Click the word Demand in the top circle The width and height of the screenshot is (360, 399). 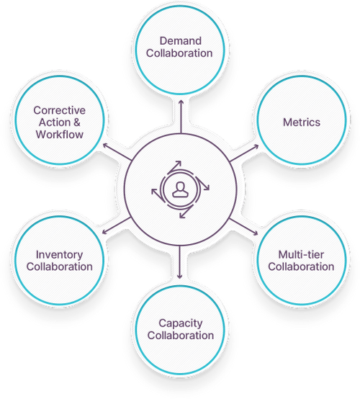point(181,41)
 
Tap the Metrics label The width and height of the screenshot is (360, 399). point(300,122)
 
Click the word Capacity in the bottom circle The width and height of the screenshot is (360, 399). point(181,323)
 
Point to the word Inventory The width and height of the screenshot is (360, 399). point(59,255)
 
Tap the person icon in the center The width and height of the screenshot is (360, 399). point(180,189)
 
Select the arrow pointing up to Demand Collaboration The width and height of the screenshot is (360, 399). point(180,107)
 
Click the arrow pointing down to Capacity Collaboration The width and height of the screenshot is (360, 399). point(180,273)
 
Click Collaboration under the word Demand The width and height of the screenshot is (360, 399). point(181,53)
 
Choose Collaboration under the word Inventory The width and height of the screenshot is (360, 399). point(59,266)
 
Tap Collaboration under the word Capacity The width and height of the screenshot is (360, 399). point(181,336)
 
